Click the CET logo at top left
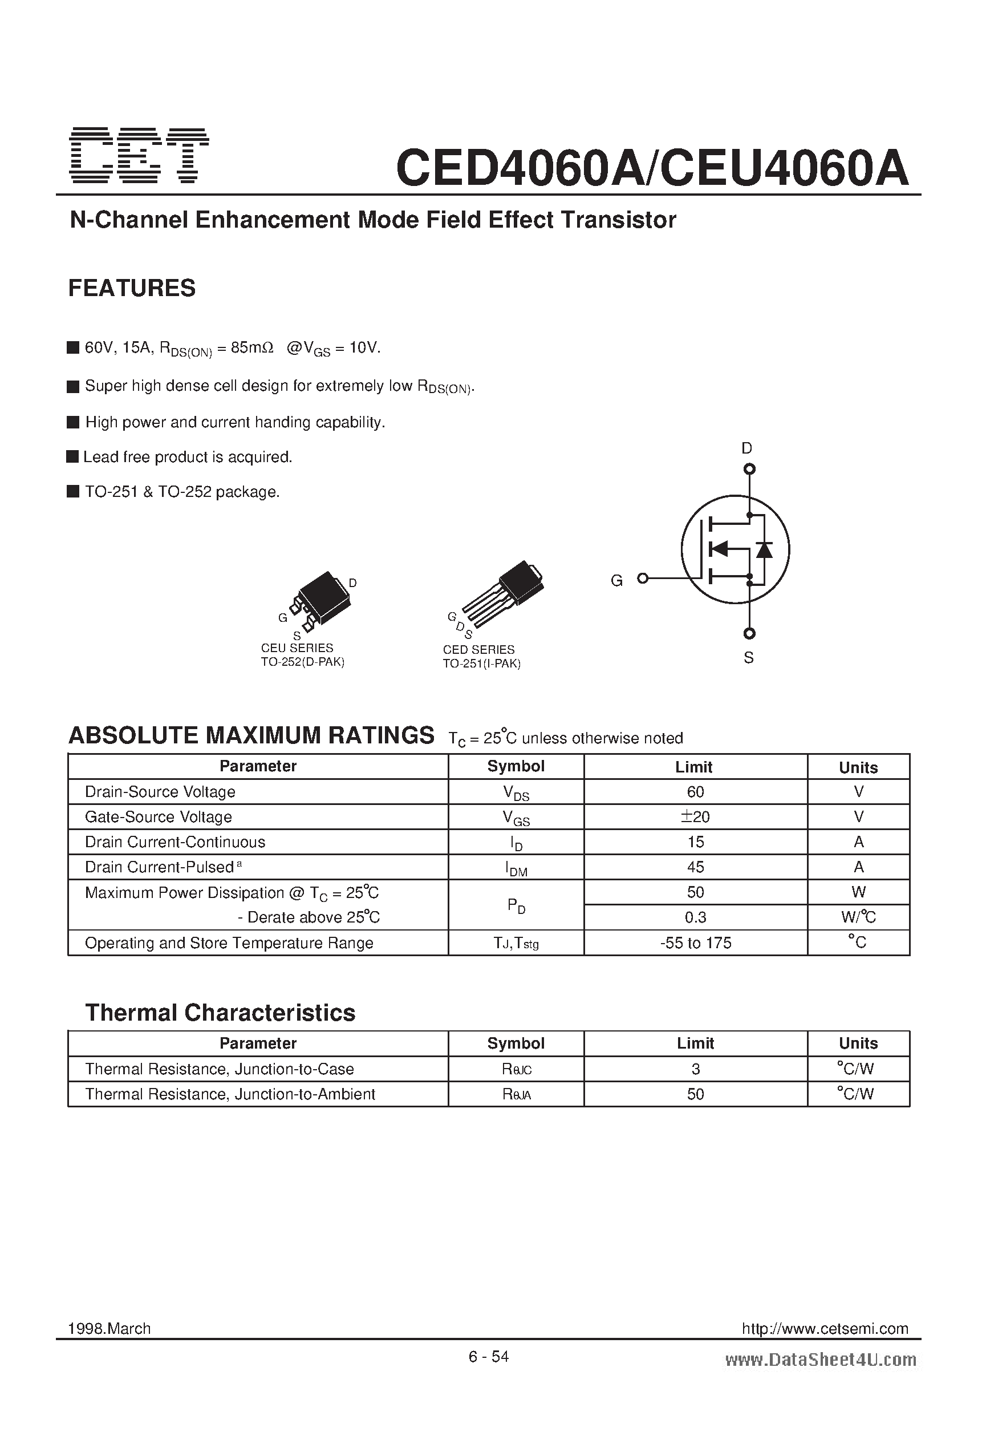pos(139,155)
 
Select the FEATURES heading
pos(132,288)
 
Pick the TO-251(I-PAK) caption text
pos(482,664)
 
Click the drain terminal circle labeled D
pos(749,470)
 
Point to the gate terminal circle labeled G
pos(643,578)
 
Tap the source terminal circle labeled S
pos(749,633)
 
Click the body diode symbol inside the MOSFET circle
pos(765,549)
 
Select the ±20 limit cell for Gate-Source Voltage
pos(695,817)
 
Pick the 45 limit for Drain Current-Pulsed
pos(695,867)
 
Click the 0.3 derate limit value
pos(695,917)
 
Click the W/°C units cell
pos(858,917)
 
